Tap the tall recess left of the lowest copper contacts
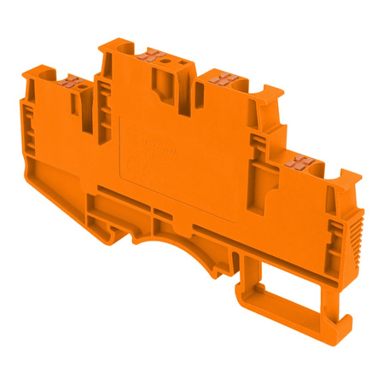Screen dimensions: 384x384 click(275, 189)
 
